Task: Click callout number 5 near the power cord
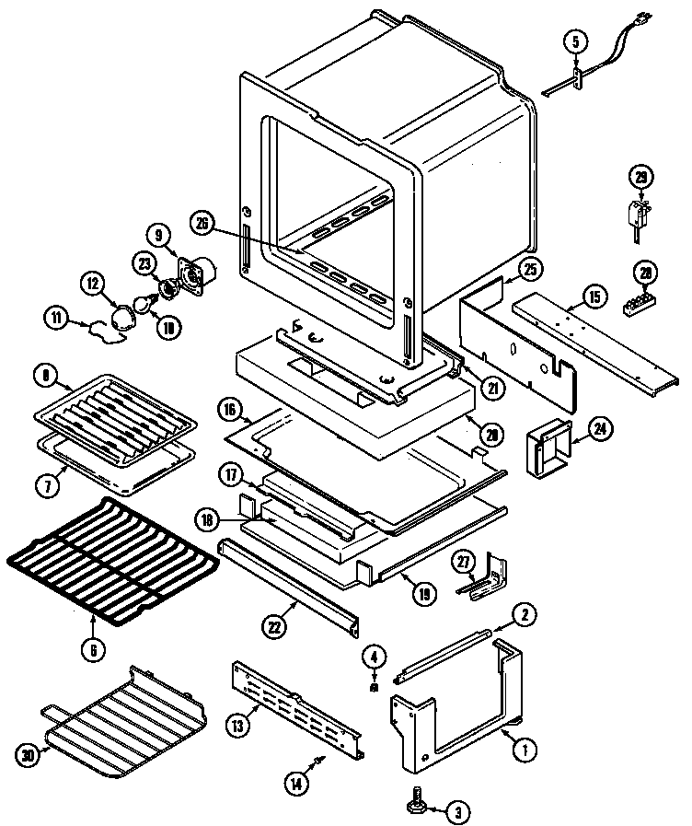[x=575, y=41]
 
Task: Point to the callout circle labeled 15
[x=594, y=297]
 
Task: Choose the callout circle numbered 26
[x=203, y=221]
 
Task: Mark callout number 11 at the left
[x=57, y=319]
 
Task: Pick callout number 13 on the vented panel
[x=237, y=726]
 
